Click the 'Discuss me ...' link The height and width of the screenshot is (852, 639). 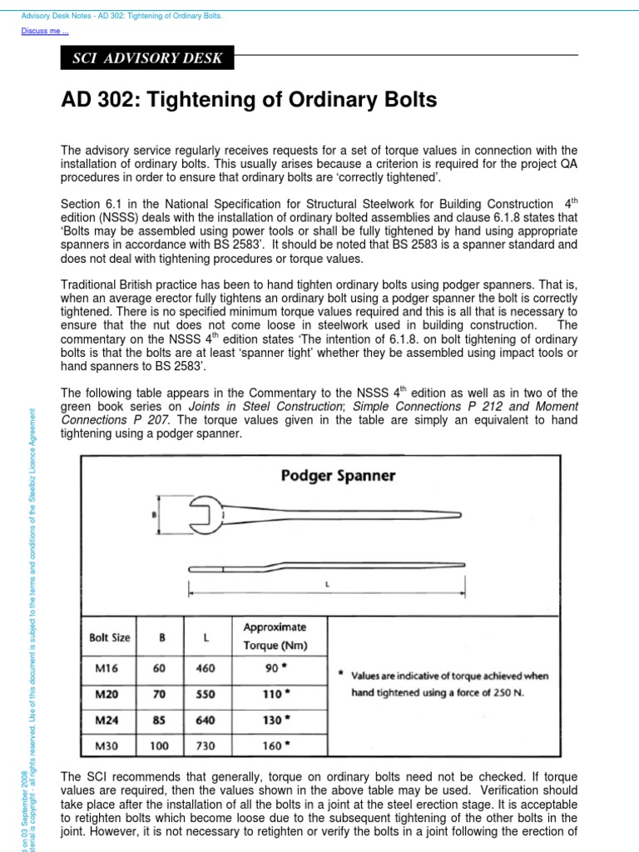tap(45, 31)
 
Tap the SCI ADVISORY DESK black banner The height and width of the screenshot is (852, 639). tap(148, 59)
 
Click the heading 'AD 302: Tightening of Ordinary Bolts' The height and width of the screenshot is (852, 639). tap(249, 102)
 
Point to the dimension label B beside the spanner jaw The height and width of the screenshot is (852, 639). tap(154, 515)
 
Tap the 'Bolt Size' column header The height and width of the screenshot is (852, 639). tap(110, 637)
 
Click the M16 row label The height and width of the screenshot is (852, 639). tap(100, 667)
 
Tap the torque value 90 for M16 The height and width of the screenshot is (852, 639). tap(270, 667)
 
